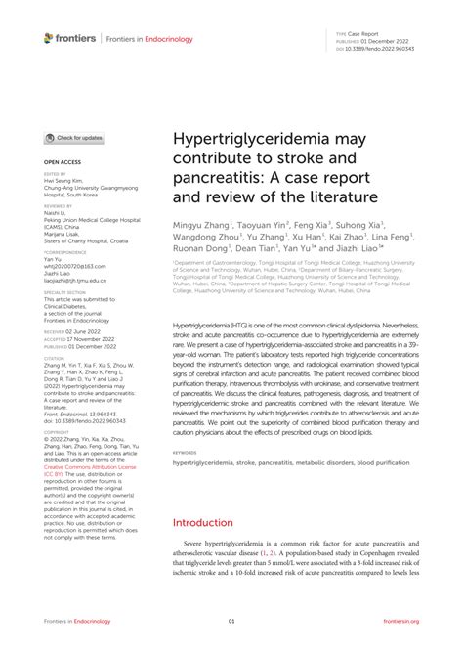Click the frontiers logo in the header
click(69, 38)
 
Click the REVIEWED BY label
click(58, 207)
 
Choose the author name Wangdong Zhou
click(208, 238)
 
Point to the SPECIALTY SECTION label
click(64, 291)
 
